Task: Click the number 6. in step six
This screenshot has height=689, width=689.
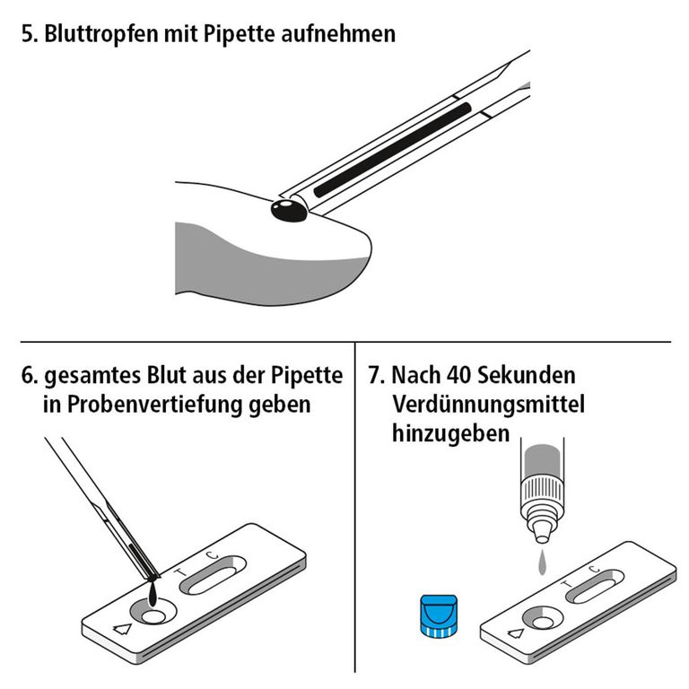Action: click(x=30, y=375)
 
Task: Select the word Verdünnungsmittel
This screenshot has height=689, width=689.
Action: click(x=488, y=404)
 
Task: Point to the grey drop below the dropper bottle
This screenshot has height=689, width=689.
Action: click(x=541, y=564)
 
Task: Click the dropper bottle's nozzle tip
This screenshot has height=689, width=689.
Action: click(x=542, y=537)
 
